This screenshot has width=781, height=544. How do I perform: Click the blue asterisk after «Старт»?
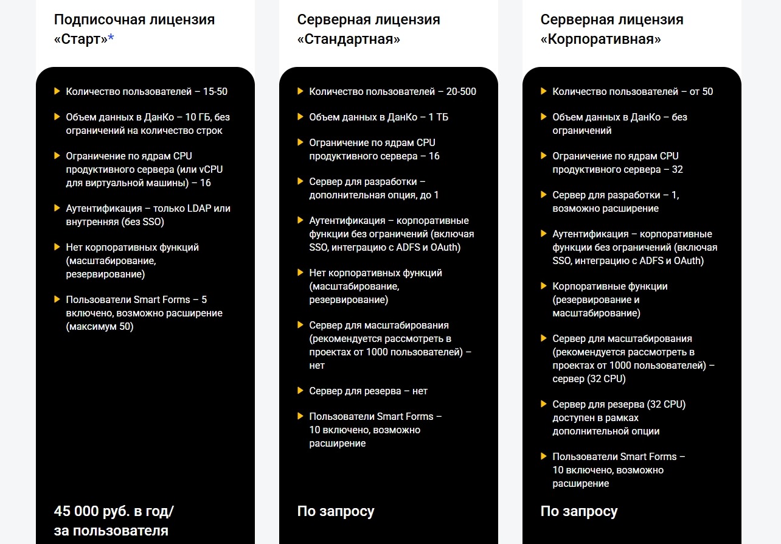(x=111, y=39)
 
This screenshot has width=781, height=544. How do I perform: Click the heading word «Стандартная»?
(x=349, y=40)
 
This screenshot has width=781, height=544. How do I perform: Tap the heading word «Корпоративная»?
(x=600, y=40)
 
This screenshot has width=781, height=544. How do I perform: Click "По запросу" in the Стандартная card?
(x=336, y=511)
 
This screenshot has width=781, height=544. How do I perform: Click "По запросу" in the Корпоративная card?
(x=579, y=511)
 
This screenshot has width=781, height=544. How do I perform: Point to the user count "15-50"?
(x=215, y=91)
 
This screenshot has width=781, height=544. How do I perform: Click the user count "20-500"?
(x=461, y=91)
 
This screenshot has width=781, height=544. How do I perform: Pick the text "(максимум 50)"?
(x=100, y=326)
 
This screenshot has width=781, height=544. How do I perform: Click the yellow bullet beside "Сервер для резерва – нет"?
(x=300, y=391)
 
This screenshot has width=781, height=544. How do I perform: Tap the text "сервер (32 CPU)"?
(x=589, y=378)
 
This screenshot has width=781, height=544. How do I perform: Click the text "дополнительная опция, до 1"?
(x=373, y=195)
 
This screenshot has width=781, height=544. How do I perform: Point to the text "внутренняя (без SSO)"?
(x=115, y=221)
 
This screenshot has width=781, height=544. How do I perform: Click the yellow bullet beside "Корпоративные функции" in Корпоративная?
(x=543, y=286)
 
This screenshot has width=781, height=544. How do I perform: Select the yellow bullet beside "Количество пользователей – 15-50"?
(x=57, y=91)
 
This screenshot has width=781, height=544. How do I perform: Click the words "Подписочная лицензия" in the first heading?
(x=134, y=19)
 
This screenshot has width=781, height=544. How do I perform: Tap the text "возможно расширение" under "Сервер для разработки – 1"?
(x=605, y=208)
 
